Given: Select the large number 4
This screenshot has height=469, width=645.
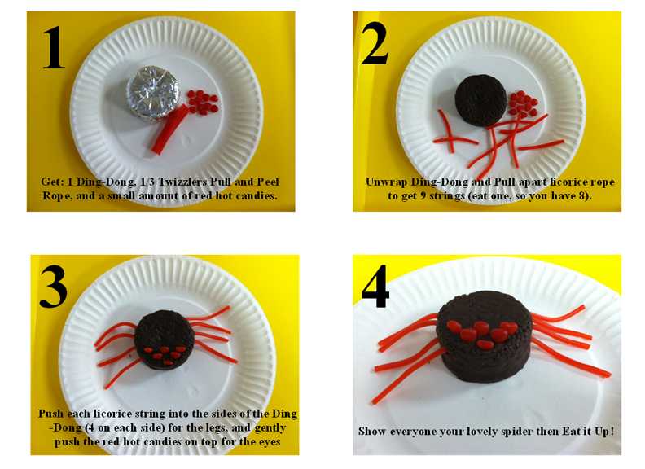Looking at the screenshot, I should tap(375, 284).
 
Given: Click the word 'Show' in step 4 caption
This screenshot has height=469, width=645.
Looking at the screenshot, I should tap(374, 430).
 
